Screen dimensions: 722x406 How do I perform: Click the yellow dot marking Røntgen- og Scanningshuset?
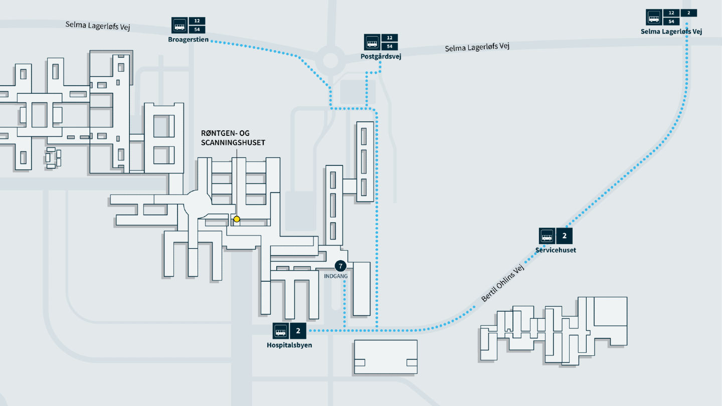pyautogui.click(x=237, y=219)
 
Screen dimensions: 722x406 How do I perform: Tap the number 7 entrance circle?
pyautogui.click(x=340, y=266)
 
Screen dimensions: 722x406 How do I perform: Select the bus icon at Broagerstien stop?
pyautogui.click(x=179, y=26)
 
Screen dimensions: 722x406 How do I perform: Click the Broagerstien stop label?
pyautogui.click(x=188, y=40)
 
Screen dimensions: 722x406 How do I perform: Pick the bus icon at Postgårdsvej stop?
pyautogui.click(x=372, y=42)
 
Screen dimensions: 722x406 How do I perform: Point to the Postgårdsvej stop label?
pyautogui.click(x=381, y=56)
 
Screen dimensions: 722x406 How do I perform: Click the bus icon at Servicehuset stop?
pyautogui.click(x=547, y=236)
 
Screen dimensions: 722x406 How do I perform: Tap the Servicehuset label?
pyautogui.click(x=556, y=250)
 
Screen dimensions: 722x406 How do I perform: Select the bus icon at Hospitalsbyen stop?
pyautogui.click(x=281, y=331)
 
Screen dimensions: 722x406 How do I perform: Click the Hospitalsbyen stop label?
pyautogui.click(x=289, y=345)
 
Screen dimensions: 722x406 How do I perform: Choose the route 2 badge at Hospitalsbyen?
pyautogui.click(x=298, y=331)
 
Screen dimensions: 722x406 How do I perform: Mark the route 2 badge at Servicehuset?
pyautogui.click(x=565, y=236)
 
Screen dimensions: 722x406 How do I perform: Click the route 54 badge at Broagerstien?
pyautogui.click(x=197, y=30)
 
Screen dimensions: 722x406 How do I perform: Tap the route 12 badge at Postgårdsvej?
pyautogui.click(x=390, y=38)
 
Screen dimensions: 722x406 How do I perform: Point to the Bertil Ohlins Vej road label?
pyautogui.click(x=502, y=283)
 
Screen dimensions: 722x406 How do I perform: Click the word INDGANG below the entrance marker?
pyautogui.click(x=336, y=276)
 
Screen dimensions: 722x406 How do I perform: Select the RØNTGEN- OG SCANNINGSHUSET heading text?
pyautogui.click(x=233, y=138)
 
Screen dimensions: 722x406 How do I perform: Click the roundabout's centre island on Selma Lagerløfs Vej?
pyautogui.click(x=331, y=61)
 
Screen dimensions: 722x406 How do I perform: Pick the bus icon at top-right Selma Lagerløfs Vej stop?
pyautogui.click(x=654, y=18)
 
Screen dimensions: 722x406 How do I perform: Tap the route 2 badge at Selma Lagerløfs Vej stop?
pyautogui.click(x=689, y=13)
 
